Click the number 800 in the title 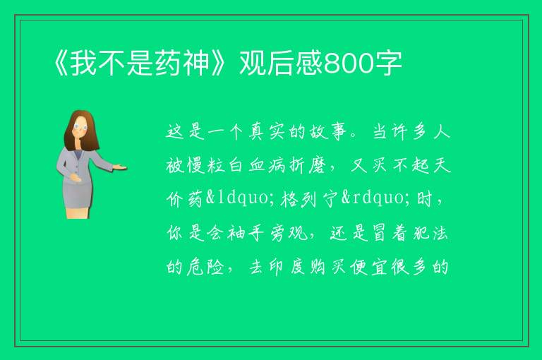click(x=350, y=64)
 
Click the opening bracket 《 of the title click(x=61, y=64)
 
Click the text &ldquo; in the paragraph click(x=239, y=198)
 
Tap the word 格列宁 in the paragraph click(x=309, y=199)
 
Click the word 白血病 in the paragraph click(x=257, y=165)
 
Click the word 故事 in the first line click(x=327, y=132)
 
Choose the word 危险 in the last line click(x=205, y=267)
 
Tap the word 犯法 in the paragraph click(x=430, y=233)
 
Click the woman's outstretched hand click(x=119, y=167)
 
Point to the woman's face click(x=80, y=127)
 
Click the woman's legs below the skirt click(x=78, y=212)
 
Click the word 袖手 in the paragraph click(x=245, y=233)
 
